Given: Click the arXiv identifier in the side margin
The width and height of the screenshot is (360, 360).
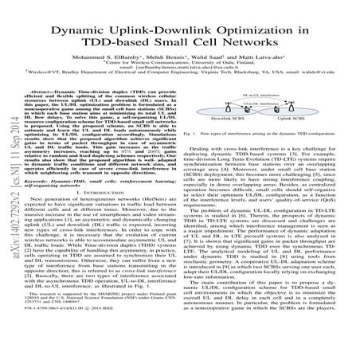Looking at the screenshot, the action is (11, 239).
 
